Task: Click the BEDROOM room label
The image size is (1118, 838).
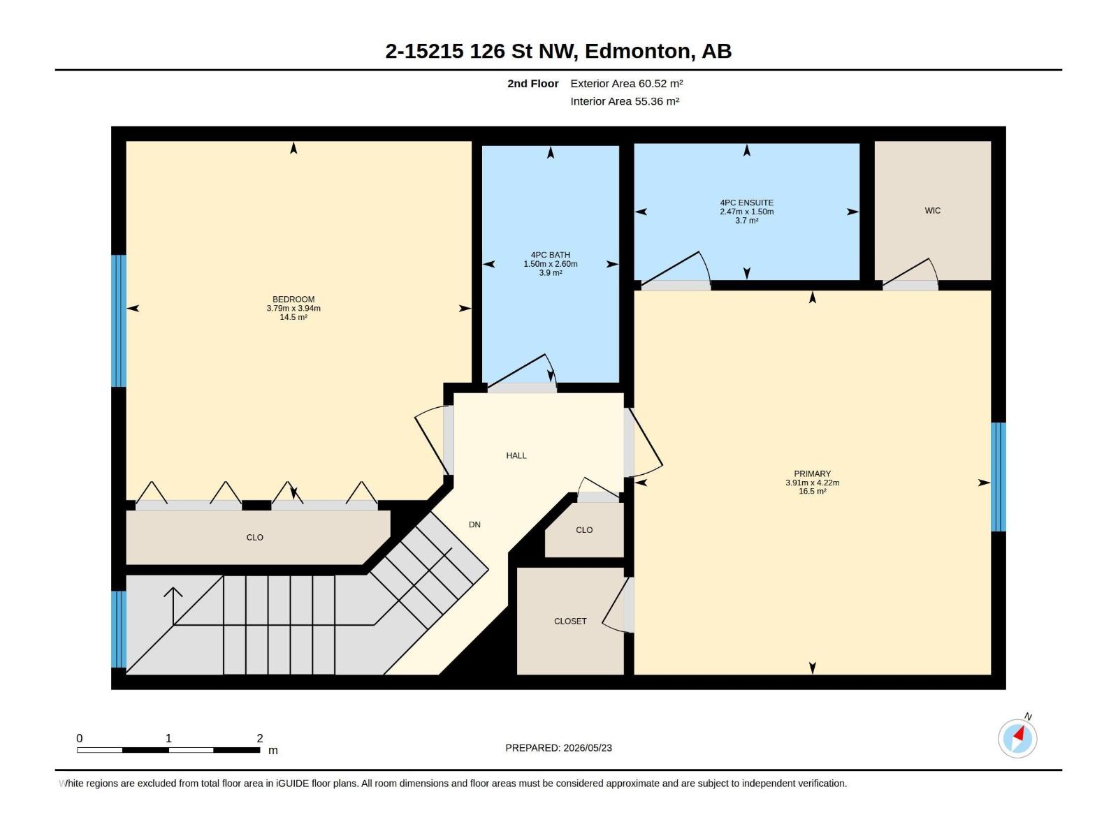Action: (293, 299)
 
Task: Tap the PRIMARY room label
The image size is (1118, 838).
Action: (812, 473)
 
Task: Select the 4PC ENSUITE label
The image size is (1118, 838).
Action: (746, 203)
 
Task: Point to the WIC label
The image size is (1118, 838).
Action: (932, 211)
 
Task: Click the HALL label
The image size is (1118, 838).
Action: (516, 455)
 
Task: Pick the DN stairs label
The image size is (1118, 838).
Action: (474, 524)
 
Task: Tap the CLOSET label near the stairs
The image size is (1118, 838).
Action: (570, 622)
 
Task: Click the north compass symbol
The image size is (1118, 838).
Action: (1017, 738)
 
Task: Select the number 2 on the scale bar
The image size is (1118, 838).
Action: (260, 738)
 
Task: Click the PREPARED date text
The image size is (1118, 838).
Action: (558, 748)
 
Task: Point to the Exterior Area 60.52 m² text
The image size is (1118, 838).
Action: (627, 83)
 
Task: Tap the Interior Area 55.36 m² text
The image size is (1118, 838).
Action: (625, 101)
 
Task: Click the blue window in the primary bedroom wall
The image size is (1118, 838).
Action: (998, 477)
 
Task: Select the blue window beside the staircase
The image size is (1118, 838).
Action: (119, 629)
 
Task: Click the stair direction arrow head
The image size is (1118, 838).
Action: (173, 591)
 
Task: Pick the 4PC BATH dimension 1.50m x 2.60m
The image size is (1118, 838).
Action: (550, 264)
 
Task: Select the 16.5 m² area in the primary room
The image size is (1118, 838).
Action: (812, 492)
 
